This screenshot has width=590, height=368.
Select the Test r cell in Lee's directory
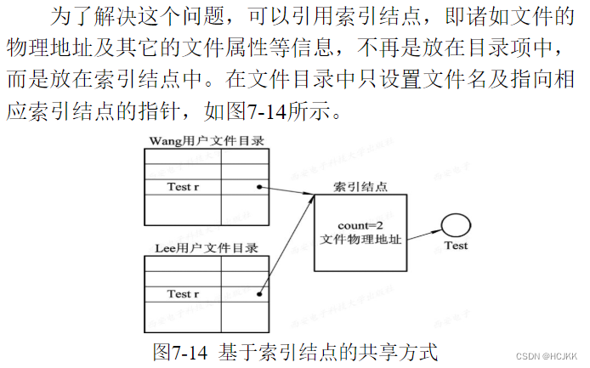click(183, 294)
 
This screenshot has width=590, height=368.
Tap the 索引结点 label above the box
click(360, 186)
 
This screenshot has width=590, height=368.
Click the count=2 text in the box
click(360, 225)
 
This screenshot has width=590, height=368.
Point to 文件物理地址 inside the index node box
click(360, 240)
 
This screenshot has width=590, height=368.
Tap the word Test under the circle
click(457, 246)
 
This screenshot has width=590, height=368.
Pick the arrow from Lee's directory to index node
click(286, 246)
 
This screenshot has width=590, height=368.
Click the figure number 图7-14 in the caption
click(179, 350)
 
